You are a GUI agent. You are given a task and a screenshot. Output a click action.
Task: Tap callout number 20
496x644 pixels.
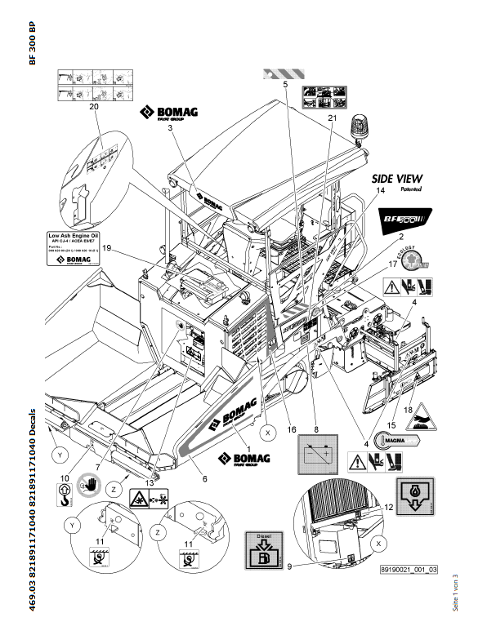point(93,107)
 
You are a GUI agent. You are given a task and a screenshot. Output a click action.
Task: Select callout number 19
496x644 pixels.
point(106,246)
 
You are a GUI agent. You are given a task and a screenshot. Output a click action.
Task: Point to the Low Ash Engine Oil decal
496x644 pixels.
point(73,248)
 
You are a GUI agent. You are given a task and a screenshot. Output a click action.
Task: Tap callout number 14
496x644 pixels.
point(379,190)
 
